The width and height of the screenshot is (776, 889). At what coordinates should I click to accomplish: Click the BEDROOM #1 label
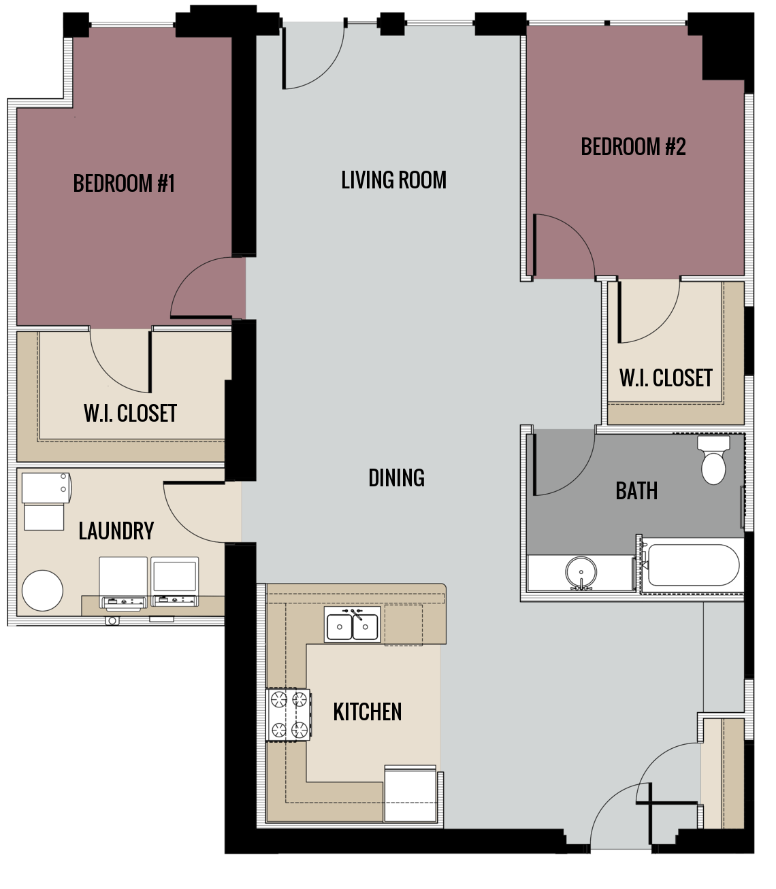[x=124, y=184]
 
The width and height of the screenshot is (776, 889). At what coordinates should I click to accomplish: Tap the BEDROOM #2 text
[x=633, y=147]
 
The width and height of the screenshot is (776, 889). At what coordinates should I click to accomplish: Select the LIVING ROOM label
[x=393, y=180]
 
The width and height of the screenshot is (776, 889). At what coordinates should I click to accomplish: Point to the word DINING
[x=396, y=478]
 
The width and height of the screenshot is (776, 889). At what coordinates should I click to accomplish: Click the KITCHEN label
[x=367, y=712]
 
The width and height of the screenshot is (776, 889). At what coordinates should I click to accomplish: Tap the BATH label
[x=636, y=490]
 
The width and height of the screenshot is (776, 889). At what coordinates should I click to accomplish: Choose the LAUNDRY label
[x=116, y=531]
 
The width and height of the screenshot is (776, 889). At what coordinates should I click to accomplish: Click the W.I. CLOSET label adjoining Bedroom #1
[x=130, y=414]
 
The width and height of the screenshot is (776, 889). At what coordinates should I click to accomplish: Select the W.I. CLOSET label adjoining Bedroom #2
[x=666, y=378]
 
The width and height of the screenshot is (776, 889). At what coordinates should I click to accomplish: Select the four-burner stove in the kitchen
[x=288, y=715]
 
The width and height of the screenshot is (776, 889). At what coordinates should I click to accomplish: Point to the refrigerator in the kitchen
[x=410, y=794]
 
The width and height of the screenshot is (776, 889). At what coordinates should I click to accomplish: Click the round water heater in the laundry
[x=42, y=590]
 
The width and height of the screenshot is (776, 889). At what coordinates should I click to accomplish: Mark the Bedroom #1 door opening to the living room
[x=204, y=289]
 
